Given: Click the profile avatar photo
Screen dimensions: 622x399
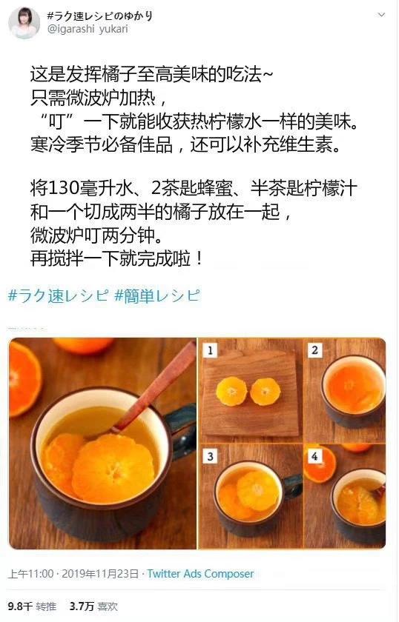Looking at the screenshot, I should click(24, 22).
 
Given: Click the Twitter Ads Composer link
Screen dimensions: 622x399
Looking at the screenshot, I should click(200, 574).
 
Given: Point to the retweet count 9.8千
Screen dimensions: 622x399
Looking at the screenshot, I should click(20, 606).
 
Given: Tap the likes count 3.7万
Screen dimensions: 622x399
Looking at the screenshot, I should click(82, 606).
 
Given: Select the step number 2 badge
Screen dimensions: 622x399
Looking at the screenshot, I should click(314, 350).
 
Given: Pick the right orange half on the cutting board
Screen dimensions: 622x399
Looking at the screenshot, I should click(265, 391).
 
